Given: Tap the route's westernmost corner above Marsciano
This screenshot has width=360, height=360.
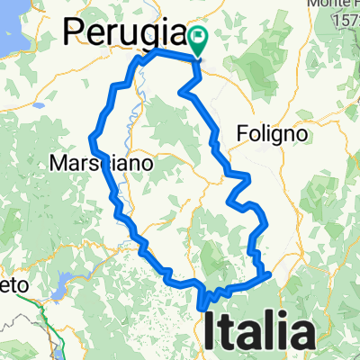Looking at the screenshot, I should coord(90,137).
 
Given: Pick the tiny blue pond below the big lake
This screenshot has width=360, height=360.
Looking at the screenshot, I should coord(40,105).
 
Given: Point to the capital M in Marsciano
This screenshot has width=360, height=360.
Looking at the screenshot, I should coord(59,165).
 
